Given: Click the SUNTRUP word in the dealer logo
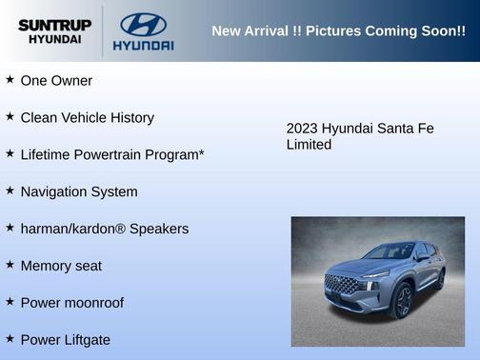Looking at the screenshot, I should (x=54, y=24).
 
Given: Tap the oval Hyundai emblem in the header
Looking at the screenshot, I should (x=143, y=24).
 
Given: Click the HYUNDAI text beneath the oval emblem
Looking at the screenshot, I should (x=143, y=45).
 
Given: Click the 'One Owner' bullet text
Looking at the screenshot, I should (x=56, y=81).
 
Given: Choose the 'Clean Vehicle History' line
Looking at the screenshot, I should (x=87, y=118).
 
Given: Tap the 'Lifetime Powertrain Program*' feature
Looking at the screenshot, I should (x=112, y=154).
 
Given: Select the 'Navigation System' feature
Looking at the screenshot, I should (x=79, y=191).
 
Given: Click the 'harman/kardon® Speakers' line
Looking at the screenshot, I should (x=105, y=229).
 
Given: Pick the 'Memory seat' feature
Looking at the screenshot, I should (x=61, y=266).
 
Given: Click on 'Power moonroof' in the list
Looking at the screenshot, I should (x=71, y=303).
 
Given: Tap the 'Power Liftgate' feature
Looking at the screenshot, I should (x=66, y=339).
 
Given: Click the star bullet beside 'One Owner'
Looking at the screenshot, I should (x=10, y=80).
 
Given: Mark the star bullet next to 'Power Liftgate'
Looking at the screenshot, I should (x=10, y=338).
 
